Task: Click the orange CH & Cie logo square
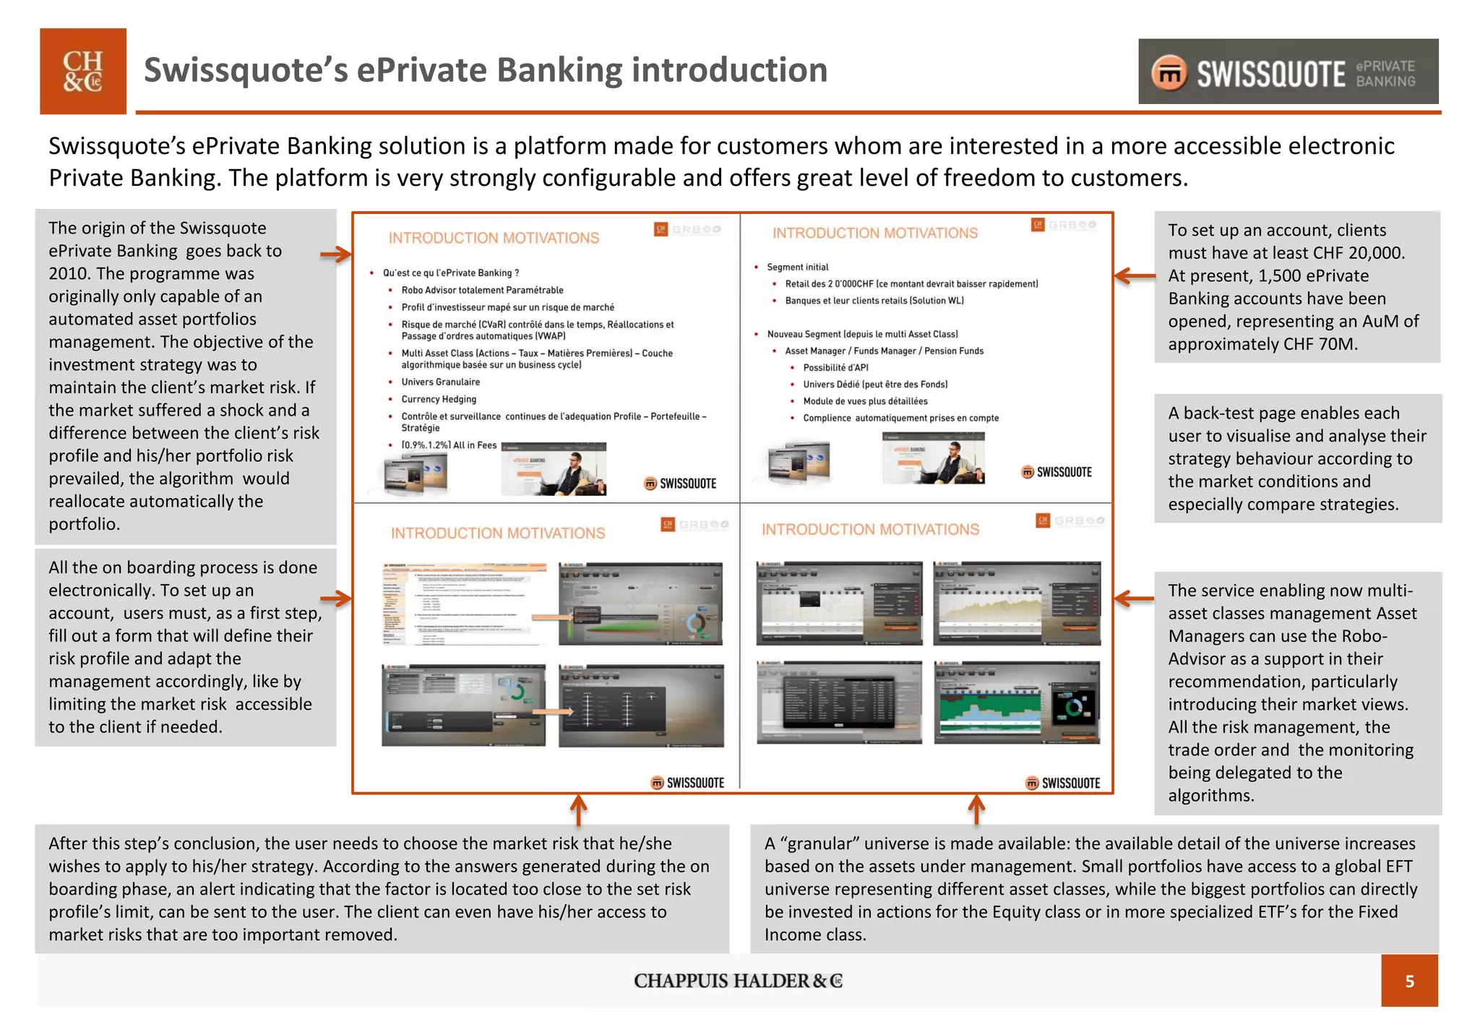(82, 71)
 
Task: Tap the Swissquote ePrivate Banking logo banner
(1288, 72)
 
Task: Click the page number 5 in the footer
(1409, 981)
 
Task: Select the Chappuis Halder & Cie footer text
(738, 981)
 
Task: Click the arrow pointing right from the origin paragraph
(336, 254)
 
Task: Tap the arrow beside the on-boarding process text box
(336, 599)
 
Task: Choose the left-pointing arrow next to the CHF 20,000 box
(1134, 275)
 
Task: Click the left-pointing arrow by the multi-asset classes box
(1134, 599)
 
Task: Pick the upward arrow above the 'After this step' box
(578, 810)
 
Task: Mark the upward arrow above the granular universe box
(976, 810)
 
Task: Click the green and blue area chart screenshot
(1017, 702)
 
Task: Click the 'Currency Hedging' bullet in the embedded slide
(439, 399)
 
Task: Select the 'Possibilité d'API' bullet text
(835, 367)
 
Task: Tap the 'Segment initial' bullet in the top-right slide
(797, 267)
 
